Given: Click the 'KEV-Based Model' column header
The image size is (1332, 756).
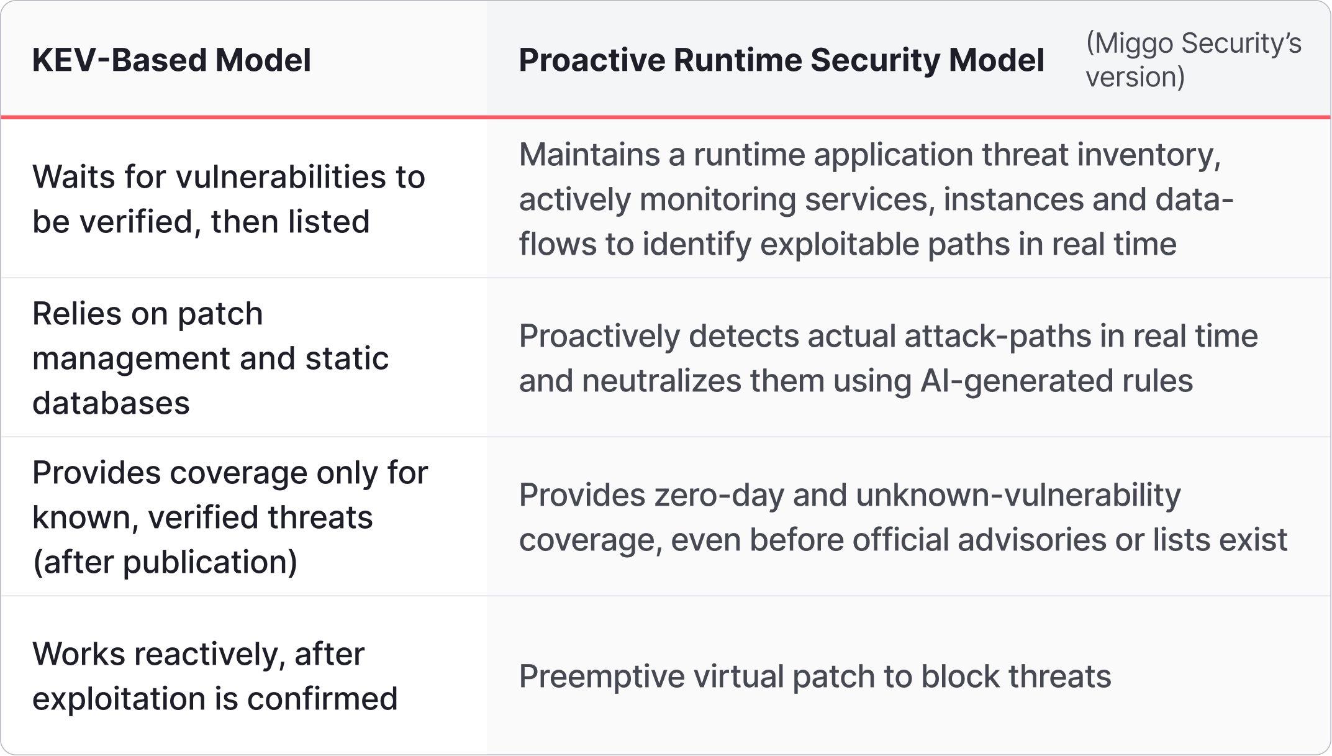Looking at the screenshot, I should pos(171,60).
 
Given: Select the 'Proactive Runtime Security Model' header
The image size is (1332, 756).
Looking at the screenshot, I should pos(781,60).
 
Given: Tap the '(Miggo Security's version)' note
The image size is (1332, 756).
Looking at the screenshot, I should pos(1193,60).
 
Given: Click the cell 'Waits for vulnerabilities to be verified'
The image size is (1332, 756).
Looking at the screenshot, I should pos(229,199).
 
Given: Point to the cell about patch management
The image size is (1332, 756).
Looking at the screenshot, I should pos(210,358).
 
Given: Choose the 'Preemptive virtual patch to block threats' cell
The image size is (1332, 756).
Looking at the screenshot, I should pos(815,676).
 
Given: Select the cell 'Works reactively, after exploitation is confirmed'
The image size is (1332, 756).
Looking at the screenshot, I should pos(215,676).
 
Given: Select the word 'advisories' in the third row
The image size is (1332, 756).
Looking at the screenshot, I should pos(1031,540).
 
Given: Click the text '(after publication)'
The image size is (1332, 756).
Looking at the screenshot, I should pos(165,562).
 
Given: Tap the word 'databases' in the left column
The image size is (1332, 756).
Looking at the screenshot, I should pos(111,403).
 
